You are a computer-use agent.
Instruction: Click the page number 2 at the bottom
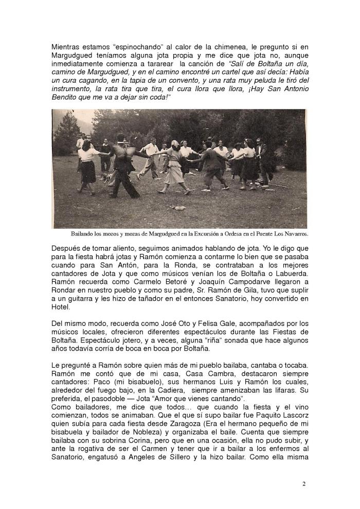(x=304, y=484)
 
